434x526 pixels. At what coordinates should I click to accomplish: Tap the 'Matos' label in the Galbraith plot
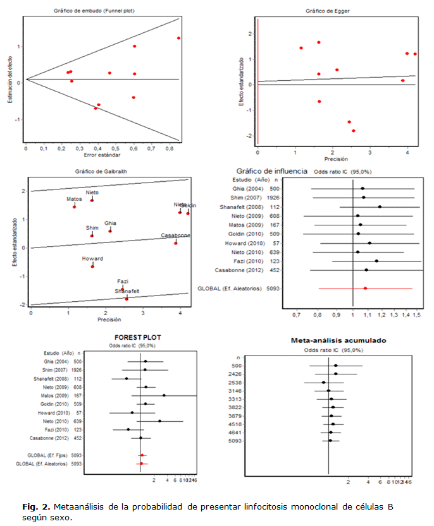(x=75, y=200)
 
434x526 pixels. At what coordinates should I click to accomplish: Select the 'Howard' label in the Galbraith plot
(x=92, y=259)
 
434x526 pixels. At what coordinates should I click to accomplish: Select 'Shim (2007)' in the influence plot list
(x=247, y=197)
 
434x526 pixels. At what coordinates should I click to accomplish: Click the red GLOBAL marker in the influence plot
(x=365, y=288)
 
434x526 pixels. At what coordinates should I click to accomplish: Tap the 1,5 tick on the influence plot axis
(x=417, y=314)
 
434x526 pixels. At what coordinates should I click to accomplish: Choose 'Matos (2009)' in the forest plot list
(x=58, y=395)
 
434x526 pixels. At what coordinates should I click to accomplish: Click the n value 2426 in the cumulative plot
(x=236, y=374)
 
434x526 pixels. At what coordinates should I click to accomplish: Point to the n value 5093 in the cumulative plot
(x=236, y=441)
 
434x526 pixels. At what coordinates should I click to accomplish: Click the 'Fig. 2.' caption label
(x=35, y=507)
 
